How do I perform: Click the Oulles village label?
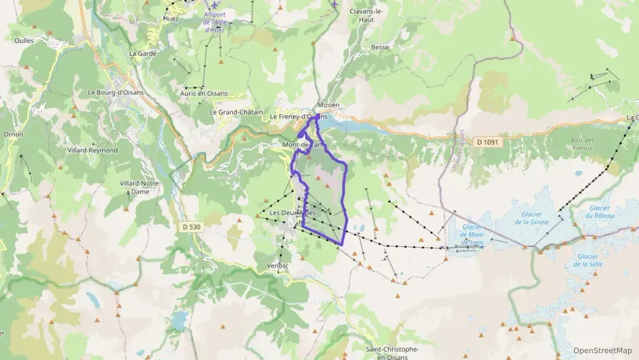pos(24,40)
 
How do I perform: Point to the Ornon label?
pos(14,135)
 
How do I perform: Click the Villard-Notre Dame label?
pos(139,187)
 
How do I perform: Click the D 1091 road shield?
pos(487,142)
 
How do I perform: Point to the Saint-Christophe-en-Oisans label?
pos(392,352)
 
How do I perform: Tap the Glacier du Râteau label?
pos(599,212)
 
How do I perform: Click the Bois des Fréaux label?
pos(582,143)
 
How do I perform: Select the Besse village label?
pos(380,47)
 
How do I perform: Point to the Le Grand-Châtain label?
pos(236,112)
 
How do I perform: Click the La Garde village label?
pos(143,53)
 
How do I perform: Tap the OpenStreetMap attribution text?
pos(602,350)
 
